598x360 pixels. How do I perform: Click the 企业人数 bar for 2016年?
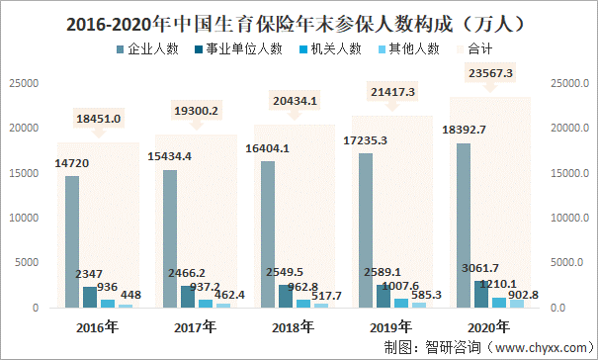coord(72,241)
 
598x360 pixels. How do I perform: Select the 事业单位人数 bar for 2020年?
coord(481,295)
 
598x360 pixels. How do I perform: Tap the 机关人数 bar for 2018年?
coord(303,304)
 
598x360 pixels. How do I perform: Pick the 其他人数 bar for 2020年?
coord(517,304)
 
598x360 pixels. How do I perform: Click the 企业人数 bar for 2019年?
coord(366,230)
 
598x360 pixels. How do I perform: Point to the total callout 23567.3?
coord(490,73)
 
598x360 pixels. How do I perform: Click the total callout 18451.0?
coord(99,119)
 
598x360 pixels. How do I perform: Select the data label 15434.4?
coord(169,156)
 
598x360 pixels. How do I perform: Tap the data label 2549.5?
coord(285,272)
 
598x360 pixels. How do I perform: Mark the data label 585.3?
coord(426,295)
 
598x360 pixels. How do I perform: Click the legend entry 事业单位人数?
coord(239,48)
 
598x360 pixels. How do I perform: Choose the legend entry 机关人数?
coord(331,48)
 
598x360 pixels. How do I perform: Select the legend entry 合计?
coord(474,48)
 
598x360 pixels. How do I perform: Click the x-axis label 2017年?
coord(196,327)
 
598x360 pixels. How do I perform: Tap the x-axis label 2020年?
coord(488,327)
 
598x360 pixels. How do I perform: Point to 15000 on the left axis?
coord(24,173)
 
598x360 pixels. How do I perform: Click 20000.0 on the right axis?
coord(569,129)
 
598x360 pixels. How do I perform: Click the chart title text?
coord(296,25)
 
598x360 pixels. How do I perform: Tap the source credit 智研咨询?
coord(453,347)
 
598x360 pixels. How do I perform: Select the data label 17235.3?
coord(365,140)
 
